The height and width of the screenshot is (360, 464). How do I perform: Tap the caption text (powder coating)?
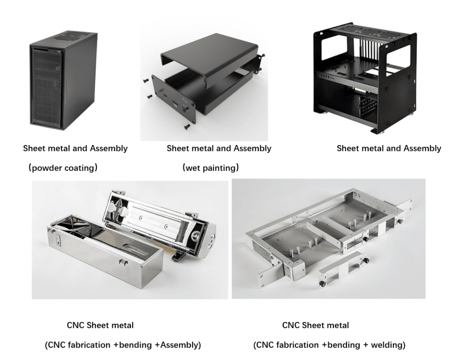coord(63,168)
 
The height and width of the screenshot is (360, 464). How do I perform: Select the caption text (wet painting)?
coord(210,168)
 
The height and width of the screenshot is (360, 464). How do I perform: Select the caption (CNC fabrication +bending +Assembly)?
coord(123,345)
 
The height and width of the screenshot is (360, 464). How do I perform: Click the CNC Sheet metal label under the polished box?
coord(100,325)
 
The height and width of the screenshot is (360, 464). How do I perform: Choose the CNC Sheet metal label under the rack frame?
coord(315,325)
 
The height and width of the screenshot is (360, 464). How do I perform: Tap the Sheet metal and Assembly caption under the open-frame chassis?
coord(389,148)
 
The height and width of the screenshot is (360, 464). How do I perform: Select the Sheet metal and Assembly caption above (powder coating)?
coord(75,148)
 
